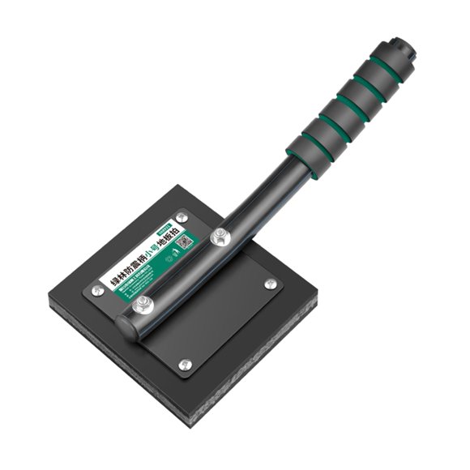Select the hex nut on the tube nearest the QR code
click(x=219, y=237)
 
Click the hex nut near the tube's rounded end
click(x=143, y=305)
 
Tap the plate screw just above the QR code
click(x=182, y=217)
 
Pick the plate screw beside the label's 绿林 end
click(x=98, y=290)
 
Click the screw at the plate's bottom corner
click(x=186, y=365)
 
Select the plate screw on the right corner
click(x=270, y=284)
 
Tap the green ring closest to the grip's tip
click(x=386, y=68)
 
